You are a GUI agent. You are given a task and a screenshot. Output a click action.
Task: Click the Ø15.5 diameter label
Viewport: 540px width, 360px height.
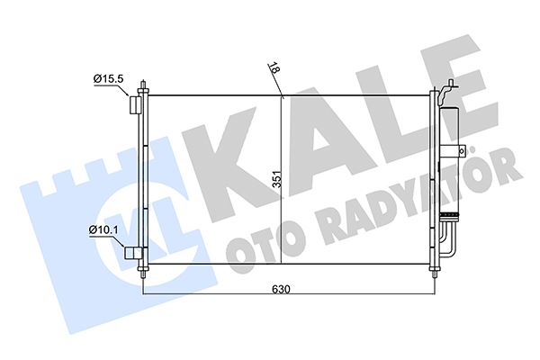tap(109, 82)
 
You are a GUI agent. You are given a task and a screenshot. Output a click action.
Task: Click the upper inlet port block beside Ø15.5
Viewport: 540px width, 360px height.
tap(134, 105)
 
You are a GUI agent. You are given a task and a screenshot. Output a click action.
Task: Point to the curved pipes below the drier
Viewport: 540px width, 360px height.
tap(448, 238)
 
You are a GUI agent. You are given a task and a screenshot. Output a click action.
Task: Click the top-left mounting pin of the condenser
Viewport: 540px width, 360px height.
tap(144, 88)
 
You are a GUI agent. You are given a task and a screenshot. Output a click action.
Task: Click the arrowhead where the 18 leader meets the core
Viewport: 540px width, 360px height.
tap(282, 94)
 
